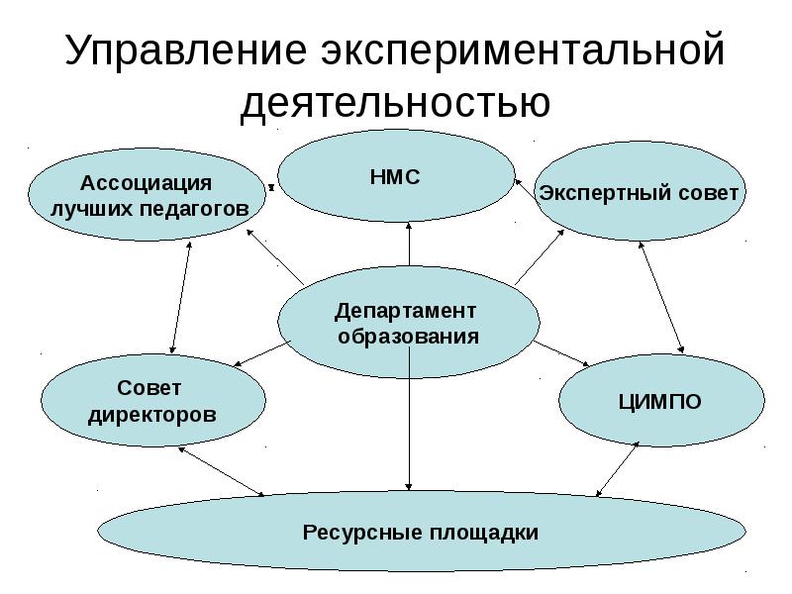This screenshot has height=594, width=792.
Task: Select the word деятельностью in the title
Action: click(395, 103)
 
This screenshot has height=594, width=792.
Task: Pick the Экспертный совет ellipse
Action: click(639, 192)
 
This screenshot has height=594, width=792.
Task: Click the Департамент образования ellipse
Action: click(408, 323)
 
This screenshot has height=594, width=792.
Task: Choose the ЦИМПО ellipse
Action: click(660, 401)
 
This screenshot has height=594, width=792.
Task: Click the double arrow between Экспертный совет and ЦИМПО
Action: click(662, 296)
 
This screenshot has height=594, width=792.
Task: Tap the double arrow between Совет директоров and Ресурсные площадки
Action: click(222, 470)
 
